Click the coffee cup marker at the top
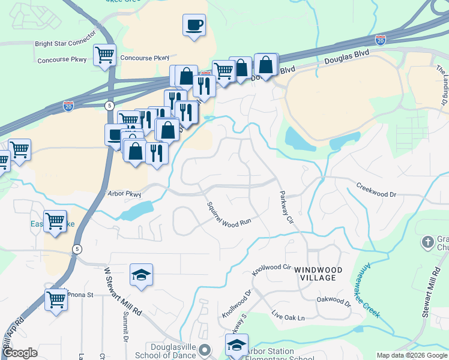click(194, 25)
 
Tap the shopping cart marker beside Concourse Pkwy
click(104, 55)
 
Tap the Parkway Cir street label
click(286, 207)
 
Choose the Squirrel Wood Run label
click(228, 215)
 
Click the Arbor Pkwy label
click(122, 194)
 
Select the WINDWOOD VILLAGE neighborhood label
click(318, 274)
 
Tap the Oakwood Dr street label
click(334, 300)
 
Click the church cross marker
click(427, 242)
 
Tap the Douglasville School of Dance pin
click(205, 350)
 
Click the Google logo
click(20, 353)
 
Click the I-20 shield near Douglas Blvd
click(380, 40)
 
